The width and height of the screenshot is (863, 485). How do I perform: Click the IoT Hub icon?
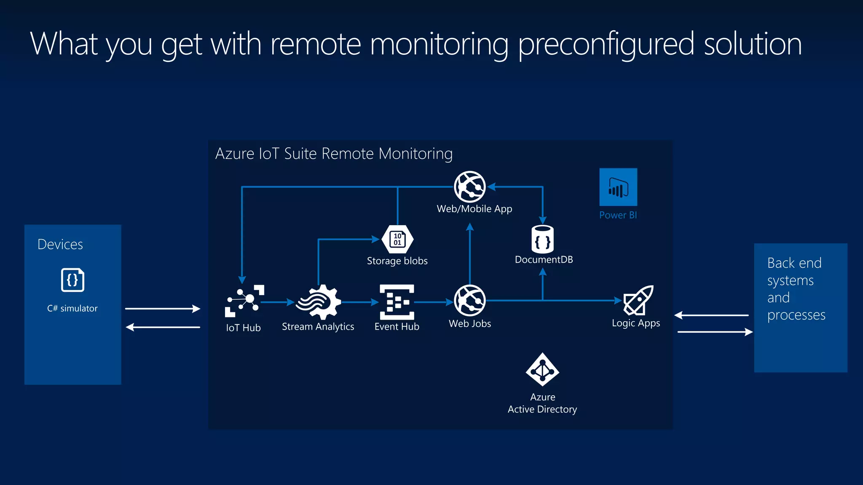click(x=244, y=301)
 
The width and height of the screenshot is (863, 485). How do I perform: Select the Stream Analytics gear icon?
click(x=319, y=302)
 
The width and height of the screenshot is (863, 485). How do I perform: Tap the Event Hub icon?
click(x=397, y=301)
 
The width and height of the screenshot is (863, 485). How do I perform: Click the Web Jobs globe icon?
click(x=469, y=301)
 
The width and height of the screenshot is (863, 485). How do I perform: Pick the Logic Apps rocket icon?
click(x=638, y=300)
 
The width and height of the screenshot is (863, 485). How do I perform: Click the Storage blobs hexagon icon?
click(x=397, y=239)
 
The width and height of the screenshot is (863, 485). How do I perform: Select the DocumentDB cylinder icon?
click(x=542, y=239)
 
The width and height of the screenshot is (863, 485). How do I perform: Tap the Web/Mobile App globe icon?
click(x=469, y=187)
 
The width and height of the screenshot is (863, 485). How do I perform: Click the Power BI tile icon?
click(x=618, y=187)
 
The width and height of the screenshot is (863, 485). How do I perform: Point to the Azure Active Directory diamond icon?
click(x=542, y=370)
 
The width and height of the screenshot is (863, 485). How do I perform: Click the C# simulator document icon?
click(x=72, y=280)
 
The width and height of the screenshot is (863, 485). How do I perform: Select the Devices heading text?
click(x=60, y=244)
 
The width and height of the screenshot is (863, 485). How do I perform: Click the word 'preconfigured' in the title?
click(x=606, y=44)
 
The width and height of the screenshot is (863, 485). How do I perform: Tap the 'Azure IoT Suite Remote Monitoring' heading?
click(x=334, y=154)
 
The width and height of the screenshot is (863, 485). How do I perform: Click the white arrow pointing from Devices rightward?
click(x=162, y=309)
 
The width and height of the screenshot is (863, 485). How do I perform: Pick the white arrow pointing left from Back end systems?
click(x=711, y=315)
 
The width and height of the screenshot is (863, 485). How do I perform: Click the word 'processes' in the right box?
click(x=796, y=315)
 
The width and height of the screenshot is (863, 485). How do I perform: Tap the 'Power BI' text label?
click(x=618, y=215)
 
